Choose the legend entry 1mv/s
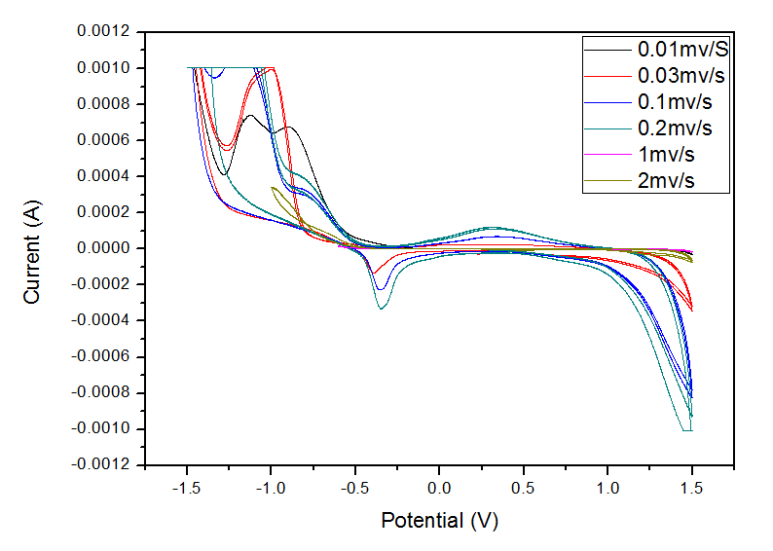667,154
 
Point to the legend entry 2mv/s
667,180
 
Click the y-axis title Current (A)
33,247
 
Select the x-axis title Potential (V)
439,521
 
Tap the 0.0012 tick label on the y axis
103,31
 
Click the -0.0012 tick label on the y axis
100,464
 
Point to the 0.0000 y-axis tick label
103,248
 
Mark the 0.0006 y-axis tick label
103,140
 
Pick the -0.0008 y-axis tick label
100,392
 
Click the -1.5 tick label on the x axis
184,485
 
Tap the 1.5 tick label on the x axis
692,485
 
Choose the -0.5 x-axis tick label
353,485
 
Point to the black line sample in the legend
607,48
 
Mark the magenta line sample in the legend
607,154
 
